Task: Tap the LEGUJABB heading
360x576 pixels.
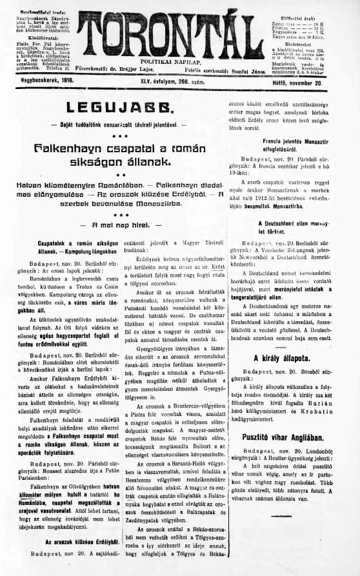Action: pyautogui.click(x=114, y=108)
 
